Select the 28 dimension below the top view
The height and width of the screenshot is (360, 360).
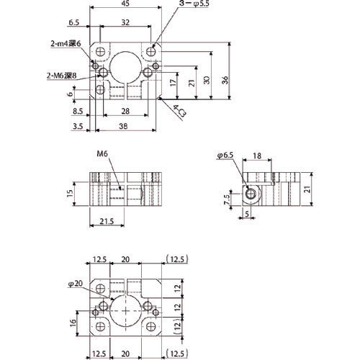click(126, 112)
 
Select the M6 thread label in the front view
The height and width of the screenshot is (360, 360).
click(100, 154)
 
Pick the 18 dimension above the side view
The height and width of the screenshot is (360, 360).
click(258, 156)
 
